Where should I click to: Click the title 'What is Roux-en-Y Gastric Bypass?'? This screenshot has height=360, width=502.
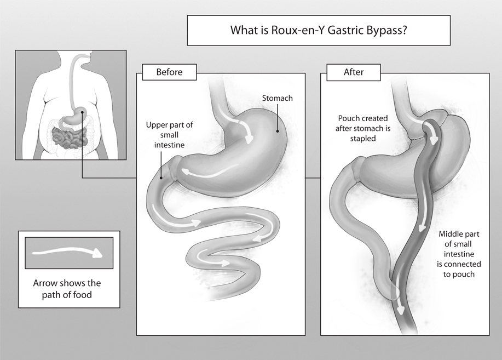click(x=319, y=30)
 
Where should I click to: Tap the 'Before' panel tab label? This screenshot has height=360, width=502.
click(x=169, y=72)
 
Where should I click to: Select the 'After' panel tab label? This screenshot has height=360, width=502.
click(x=353, y=72)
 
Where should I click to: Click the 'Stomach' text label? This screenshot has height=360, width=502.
click(x=277, y=98)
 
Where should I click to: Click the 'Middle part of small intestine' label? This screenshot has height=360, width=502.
click(x=459, y=254)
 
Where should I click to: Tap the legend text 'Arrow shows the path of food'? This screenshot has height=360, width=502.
click(x=67, y=288)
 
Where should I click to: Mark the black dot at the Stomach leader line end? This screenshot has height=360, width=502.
click(x=278, y=131)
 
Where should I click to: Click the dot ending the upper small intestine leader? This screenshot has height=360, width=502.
click(x=161, y=178)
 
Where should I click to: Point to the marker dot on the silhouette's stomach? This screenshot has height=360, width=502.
click(x=82, y=113)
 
